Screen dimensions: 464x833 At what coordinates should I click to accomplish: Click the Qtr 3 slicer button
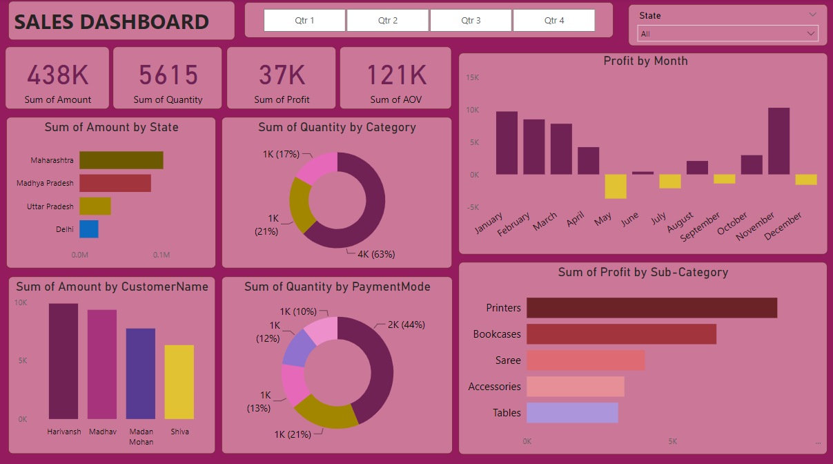click(x=471, y=21)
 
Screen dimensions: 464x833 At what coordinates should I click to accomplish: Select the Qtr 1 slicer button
click(x=304, y=21)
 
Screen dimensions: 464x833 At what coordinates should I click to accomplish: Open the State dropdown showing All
click(x=728, y=34)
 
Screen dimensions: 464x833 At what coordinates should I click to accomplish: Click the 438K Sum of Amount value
click(x=58, y=75)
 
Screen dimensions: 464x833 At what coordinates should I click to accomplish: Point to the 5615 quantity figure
click(x=168, y=75)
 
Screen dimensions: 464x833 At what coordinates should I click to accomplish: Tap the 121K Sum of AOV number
click(x=395, y=75)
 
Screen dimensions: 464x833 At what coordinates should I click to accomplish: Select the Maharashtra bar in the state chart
click(x=121, y=160)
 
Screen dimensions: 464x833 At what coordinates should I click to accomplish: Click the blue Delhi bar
click(x=88, y=229)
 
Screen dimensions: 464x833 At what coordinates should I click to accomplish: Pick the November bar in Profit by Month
click(x=778, y=141)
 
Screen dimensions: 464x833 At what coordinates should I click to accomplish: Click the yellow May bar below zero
click(x=616, y=186)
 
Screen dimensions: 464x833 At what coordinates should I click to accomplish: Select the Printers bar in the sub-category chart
click(x=651, y=308)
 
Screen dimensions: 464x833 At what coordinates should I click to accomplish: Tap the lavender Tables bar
click(x=571, y=413)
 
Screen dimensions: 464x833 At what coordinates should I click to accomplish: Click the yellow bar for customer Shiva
click(x=179, y=382)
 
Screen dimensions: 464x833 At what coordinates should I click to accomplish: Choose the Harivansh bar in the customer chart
click(x=63, y=361)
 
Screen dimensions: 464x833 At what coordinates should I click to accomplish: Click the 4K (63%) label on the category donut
click(x=376, y=254)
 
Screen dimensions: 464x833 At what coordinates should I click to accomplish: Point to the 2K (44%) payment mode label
click(x=406, y=325)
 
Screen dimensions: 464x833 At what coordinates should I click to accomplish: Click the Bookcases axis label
click(x=497, y=334)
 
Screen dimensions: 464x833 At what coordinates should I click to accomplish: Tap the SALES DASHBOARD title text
click(x=112, y=22)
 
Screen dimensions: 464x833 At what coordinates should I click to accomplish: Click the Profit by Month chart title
click(x=645, y=61)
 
